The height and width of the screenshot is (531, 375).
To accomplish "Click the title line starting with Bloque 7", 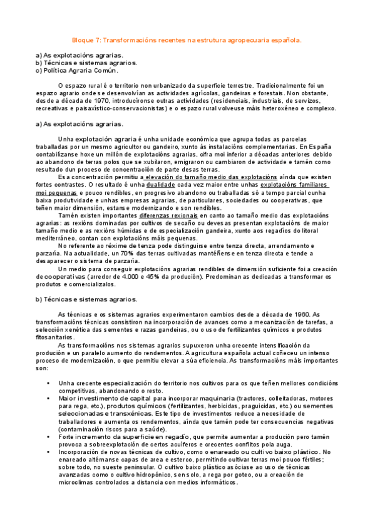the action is tap(187, 39).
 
